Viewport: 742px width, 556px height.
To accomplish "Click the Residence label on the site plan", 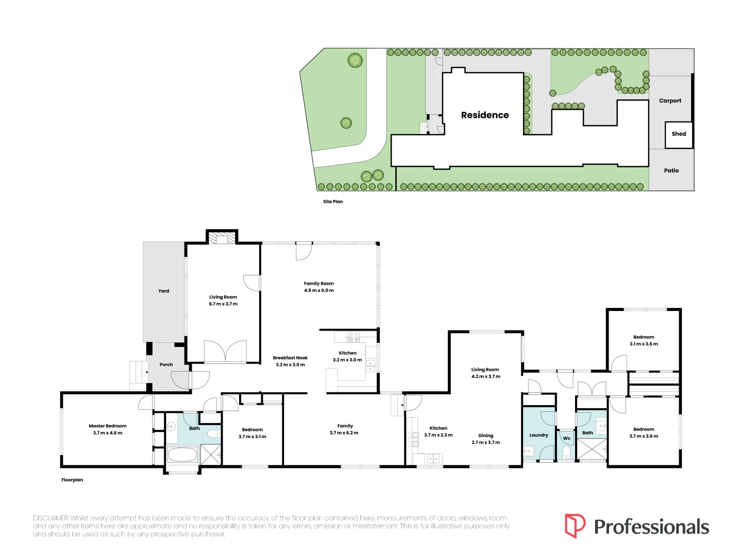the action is [x=484, y=115].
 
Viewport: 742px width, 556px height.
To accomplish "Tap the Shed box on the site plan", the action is [x=679, y=135].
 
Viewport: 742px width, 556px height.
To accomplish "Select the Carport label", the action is [x=670, y=100].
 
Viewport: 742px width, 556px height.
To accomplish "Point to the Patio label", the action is [x=671, y=170].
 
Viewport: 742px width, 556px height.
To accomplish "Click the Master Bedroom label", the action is [x=108, y=426].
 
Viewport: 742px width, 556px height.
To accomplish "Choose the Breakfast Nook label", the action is [x=290, y=358].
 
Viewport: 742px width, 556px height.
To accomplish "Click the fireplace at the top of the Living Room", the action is [x=222, y=237].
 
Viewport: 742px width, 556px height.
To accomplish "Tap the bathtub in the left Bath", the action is [x=182, y=455].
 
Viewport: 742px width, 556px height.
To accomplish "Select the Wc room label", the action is [x=567, y=438].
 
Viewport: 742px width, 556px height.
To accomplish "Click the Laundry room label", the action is [x=538, y=435].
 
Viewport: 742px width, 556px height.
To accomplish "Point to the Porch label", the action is [x=166, y=364].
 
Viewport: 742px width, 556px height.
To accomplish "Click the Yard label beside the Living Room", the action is [x=164, y=291].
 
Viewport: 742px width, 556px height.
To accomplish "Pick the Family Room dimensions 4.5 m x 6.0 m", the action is [x=319, y=290].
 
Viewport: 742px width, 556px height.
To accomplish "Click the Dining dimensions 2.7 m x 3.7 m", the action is [x=485, y=442].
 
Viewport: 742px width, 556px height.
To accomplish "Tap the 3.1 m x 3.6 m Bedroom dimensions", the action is [x=644, y=344].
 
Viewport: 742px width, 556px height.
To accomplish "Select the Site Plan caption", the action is [x=333, y=201].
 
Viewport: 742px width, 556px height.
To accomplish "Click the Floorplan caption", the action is [x=72, y=480].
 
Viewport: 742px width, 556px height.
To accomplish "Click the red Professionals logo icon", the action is [x=575, y=526].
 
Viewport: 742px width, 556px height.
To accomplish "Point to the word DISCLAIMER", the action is [x=50, y=518].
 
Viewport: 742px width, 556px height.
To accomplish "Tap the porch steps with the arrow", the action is [x=139, y=372].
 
